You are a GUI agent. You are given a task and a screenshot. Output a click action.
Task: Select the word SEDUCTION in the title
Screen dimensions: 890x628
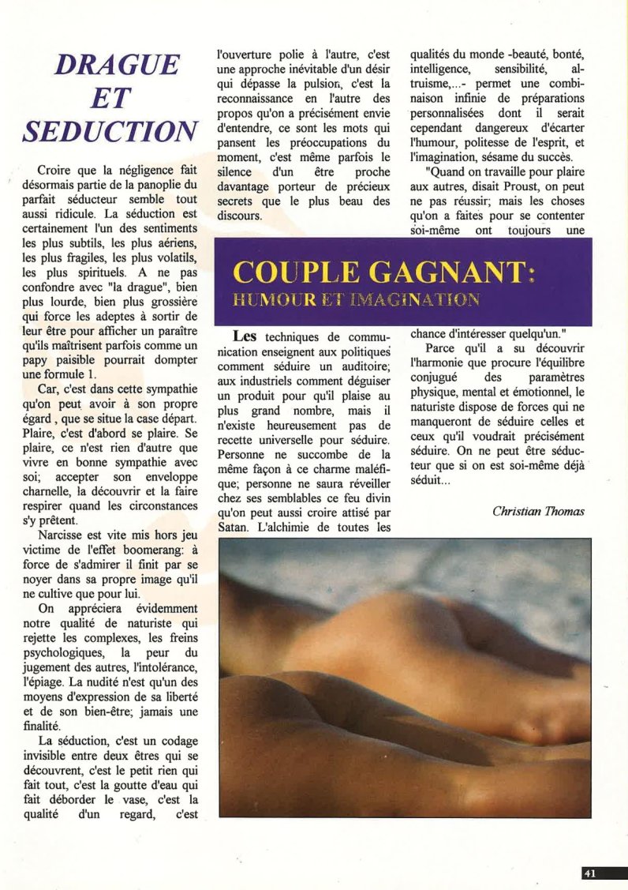pos(110,131)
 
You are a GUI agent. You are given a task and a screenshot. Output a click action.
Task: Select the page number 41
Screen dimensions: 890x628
pos(590,873)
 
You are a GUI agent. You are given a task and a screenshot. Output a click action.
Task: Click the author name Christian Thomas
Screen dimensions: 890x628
pos(538,512)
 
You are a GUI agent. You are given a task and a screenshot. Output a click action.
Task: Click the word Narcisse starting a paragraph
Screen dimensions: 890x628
pos(62,534)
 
